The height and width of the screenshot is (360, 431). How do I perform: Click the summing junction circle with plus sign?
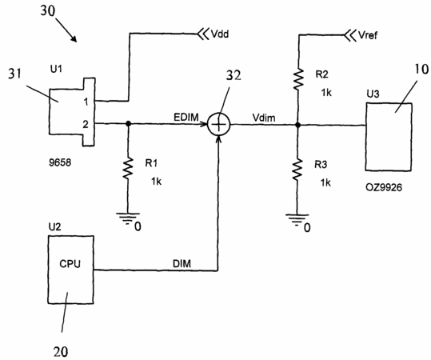pyautogui.click(x=218, y=124)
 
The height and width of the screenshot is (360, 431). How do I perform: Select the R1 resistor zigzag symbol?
pyautogui.click(x=128, y=168)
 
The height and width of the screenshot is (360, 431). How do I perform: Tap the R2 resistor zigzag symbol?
pyautogui.click(x=298, y=79)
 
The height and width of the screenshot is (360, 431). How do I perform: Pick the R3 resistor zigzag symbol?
pyautogui.click(x=297, y=170)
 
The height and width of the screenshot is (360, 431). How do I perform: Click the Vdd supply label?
pyautogui.click(x=220, y=34)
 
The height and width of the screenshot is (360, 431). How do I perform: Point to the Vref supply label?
pyautogui.click(x=368, y=35)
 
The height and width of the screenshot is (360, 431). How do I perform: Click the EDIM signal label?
pyautogui.click(x=186, y=117)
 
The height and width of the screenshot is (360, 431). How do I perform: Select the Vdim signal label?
pyautogui.click(x=264, y=118)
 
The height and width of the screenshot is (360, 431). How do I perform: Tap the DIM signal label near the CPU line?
pyautogui.click(x=182, y=264)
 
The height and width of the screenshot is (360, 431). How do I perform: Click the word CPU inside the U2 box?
pyautogui.click(x=70, y=264)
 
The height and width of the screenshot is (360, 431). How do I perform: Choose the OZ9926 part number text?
pyautogui.click(x=384, y=187)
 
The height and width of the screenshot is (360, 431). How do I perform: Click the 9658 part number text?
pyautogui.click(x=60, y=162)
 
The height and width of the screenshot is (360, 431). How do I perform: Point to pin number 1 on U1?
pyautogui.click(x=86, y=102)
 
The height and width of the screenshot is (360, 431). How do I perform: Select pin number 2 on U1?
pyautogui.click(x=86, y=124)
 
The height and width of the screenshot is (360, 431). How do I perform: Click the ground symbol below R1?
pyautogui.click(x=128, y=218)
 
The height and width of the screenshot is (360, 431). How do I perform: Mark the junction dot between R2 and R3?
pyautogui.click(x=298, y=125)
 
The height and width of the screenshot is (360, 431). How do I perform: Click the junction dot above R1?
pyautogui.click(x=128, y=123)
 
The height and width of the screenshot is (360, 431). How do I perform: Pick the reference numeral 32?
pyautogui.click(x=233, y=75)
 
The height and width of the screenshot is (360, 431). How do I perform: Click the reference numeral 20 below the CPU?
pyautogui.click(x=61, y=351)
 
